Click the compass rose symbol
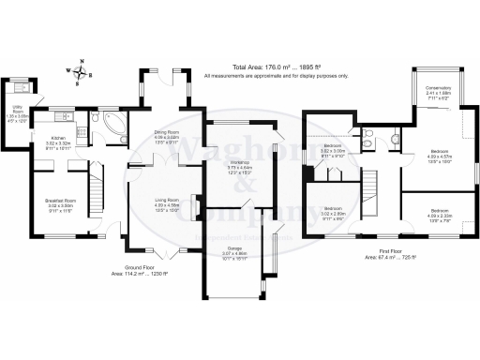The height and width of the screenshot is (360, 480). tap(82, 70)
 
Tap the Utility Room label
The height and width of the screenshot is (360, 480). tap(16, 115)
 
